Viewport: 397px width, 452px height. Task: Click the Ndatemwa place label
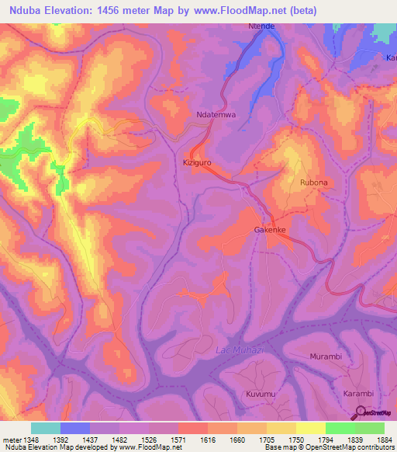pyautogui.click(x=214, y=115)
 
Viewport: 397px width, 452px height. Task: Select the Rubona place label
pyautogui.click(x=314, y=182)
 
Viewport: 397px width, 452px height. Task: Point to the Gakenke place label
pyautogui.click(x=271, y=231)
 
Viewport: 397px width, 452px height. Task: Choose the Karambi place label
pyautogui.click(x=359, y=395)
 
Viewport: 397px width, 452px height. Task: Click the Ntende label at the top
pyautogui.click(x=261, y=26)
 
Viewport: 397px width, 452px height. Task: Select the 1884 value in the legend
pyautogui.click(x=385, y=439)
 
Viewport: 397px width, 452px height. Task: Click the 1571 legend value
pyautogui.click(x=178, y=439)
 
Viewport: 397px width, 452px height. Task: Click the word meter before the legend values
pyautogui.click(x=9, y=439)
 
